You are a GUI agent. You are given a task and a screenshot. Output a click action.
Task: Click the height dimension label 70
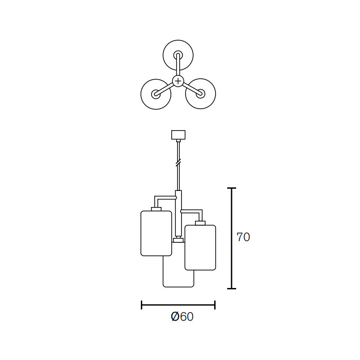[243, 237]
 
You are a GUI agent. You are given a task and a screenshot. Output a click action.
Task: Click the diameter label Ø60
[182, 317]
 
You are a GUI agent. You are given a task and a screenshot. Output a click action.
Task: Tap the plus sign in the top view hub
[178, 81]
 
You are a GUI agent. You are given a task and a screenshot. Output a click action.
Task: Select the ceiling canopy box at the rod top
[178, 135]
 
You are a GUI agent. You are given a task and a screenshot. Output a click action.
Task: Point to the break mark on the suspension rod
[178, 162]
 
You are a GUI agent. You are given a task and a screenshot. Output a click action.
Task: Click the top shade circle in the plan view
[178, 40]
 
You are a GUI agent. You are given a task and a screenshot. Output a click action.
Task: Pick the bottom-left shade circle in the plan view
[156, 79]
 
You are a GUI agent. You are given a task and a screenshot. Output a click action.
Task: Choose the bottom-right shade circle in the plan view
[200, 79]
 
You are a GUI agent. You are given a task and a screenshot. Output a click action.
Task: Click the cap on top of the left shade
[157, 209]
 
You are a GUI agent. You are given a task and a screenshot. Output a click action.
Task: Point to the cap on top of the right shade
[200, 223]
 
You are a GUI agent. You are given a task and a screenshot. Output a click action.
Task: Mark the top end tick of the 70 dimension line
[232, 188]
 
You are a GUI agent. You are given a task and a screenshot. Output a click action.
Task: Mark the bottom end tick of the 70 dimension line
[232, 288]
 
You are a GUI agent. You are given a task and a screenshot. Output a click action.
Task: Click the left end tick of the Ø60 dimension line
[141, 305]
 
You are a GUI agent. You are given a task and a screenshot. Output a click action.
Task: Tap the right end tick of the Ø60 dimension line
[215, 305]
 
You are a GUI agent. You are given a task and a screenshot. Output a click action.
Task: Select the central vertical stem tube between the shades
[178, 213]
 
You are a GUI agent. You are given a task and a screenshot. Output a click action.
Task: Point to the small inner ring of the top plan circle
[178, 51]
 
